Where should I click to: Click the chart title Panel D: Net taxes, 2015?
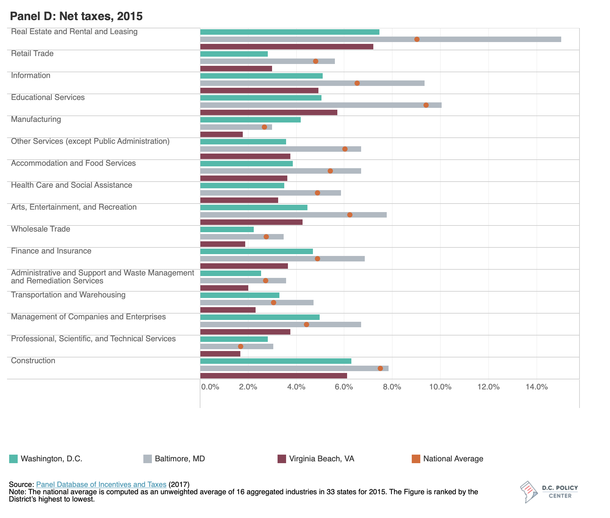tap(76, 16)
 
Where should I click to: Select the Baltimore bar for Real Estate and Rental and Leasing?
tap(380, 39)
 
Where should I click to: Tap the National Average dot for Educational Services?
tap(426, 105)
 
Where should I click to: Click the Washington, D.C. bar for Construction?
tap(275, 361)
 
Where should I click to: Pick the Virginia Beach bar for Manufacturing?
tap(221, 134)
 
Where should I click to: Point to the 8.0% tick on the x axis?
tap(392, 387)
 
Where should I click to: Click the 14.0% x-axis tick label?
tap(536, 387)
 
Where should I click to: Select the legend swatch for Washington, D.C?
tap(13, 459)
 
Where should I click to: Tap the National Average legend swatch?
tap(416, 459)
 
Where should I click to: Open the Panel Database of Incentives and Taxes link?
tap(101, 484)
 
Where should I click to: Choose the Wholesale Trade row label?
tap(41, 229)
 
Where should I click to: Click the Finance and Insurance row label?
tap(51, 251)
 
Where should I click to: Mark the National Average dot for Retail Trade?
tap(315, 61)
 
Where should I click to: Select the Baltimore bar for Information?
tap(312, 83)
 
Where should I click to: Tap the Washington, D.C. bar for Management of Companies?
tap(260, 317)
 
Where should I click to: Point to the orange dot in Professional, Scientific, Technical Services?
tap(240, 346)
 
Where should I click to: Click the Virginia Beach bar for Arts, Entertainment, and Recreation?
tap(251, 222)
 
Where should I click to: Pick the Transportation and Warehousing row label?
tap(68, 295)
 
